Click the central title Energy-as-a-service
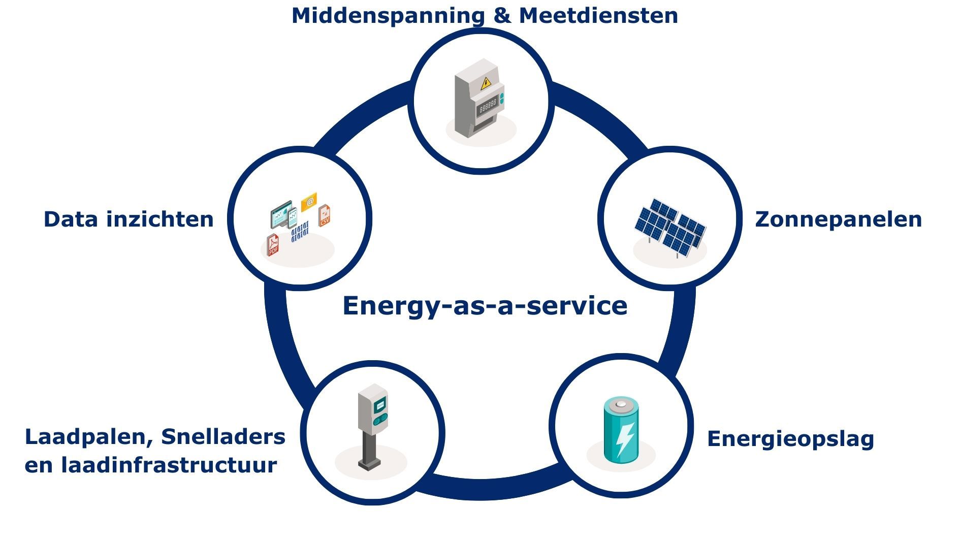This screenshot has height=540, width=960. [x=485, y=306]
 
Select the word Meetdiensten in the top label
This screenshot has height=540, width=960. [x=598, y=15]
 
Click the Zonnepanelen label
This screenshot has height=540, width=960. [x=838, y=219]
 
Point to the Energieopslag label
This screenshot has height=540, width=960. [x=790, y=439]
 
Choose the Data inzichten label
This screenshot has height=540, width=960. [x=129, y=219]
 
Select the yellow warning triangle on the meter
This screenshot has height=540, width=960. [x=486, y=83]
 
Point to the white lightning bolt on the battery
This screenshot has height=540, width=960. [x=624, y=438]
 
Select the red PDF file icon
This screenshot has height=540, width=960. [x=273, y=245]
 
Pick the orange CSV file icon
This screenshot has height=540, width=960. [x=324, y=215]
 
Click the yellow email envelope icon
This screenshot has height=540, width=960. [x=309, y=202]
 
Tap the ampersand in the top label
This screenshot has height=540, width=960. [x=501, y=15]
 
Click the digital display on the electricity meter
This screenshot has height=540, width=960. [x=488, y=106]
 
